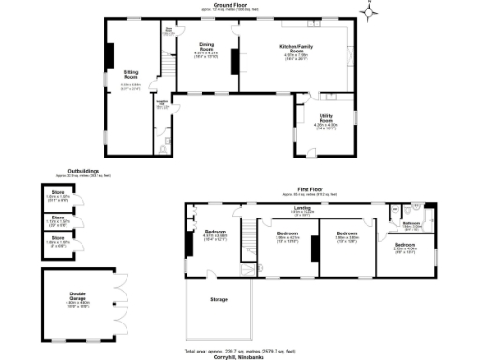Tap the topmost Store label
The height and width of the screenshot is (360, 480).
point(58,195)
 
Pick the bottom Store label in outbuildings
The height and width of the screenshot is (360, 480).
point(58,238)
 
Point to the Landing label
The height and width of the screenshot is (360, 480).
point(302,209)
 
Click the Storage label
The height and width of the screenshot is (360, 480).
point(219,300)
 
